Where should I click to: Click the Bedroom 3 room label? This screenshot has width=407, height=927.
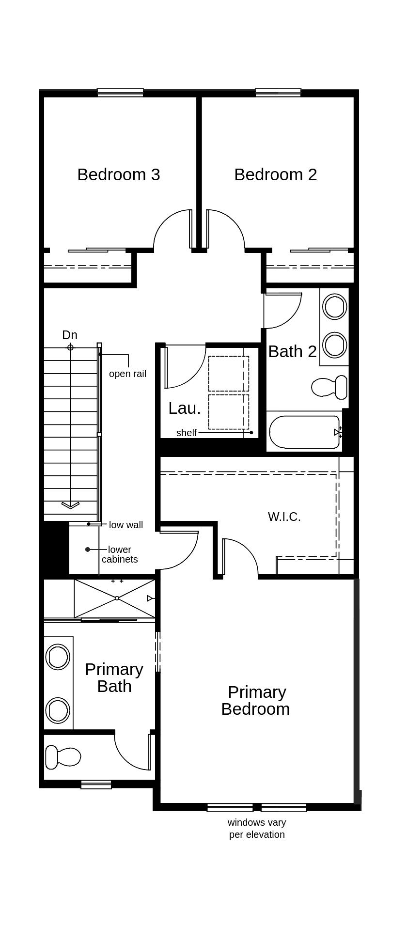(x=119, y=174)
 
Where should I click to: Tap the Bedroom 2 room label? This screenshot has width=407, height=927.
(x=275, y=174)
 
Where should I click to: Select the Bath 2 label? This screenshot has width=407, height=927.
(x=292, y=351)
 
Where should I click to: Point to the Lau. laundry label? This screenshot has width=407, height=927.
(x=184, y=408)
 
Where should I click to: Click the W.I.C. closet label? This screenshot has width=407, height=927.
(x=284, y=517)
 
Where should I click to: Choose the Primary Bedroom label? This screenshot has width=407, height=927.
(x=255, y=700)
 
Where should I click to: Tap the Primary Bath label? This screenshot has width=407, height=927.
(x=114, y=677)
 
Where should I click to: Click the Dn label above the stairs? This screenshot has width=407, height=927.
(x=70, y=335)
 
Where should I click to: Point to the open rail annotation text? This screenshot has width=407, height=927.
(x=127, y=374)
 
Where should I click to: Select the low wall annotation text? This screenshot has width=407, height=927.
(x=125, y=525)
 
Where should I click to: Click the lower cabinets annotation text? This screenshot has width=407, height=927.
(x=120, y=554)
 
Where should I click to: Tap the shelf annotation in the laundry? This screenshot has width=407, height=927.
(x=187, y=433)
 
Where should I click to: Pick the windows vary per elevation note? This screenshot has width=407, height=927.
(x=257, y=828)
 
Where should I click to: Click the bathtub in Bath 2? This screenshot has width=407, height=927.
(x=304, y=432)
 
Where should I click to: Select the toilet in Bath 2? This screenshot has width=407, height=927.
(x=329, y=387)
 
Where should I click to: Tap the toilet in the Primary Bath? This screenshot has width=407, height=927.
(x=63, y=756)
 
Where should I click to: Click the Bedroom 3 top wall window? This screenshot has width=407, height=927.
(x=120, y=93)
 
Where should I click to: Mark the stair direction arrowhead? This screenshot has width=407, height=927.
(x=70, y=505)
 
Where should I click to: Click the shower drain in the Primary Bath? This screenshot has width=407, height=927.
(x=117, y=598)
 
